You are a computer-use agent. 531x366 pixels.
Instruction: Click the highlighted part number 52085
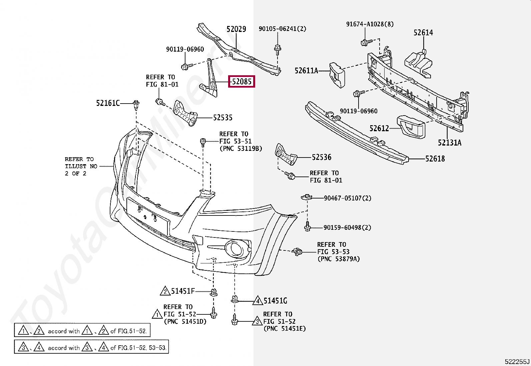(241, 82)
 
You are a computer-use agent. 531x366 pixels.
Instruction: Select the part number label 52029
(236, 29)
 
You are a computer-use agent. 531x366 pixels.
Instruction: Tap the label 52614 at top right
(423, 33)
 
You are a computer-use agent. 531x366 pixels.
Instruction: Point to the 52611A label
(306, 71)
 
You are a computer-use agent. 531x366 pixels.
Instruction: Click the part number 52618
(435, 159)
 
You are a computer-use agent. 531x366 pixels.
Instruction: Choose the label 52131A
(449, 143)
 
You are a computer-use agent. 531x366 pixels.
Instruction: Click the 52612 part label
(379, 129)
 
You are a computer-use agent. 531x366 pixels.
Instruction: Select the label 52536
(321, 157)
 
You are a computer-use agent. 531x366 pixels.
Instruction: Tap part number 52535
(223, 118)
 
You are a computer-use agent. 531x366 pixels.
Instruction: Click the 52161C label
(108, 103)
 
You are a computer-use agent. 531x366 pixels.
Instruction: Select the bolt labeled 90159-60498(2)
(308, 227)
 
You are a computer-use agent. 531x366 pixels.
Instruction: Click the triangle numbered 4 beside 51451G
(257, 301)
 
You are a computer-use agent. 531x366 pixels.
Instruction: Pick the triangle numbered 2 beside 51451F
(165, 292)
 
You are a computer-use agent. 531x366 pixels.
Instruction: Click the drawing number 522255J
(517, 362)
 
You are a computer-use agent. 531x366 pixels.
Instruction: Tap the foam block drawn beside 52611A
(337, 75)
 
